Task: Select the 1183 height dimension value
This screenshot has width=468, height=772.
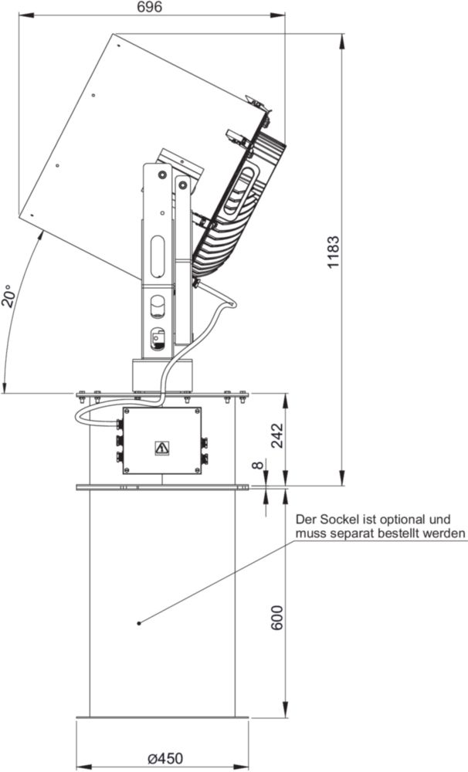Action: tap(334, 252)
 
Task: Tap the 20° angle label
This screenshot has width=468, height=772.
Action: tap(10, 296)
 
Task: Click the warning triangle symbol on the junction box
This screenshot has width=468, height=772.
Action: tap(162, 448)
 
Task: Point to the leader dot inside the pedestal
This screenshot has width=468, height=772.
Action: tap(139, 623)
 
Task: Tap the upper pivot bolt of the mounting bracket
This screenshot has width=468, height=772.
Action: tap(161, 174)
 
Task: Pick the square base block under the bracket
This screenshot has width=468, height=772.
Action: tap(161, 375)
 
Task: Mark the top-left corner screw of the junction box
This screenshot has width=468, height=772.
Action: tap(127, 411)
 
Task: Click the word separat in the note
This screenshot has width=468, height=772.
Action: tap(351, 533)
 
